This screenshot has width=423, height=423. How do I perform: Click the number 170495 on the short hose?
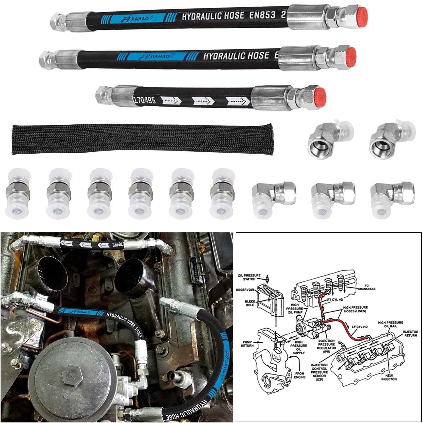[144, 100]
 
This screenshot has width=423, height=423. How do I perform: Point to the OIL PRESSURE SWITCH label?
[249, 277]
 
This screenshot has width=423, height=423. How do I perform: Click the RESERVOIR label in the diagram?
[245, 290]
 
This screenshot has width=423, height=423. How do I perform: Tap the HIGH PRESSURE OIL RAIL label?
[390, 324]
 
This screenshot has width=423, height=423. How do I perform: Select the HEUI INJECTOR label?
[389, 377]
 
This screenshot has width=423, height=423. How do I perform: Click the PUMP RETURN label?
[247, 344]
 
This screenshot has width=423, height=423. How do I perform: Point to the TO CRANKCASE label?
[366, 287]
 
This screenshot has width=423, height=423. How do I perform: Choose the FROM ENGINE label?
[299, 375]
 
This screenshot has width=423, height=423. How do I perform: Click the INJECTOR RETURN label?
[410, 334]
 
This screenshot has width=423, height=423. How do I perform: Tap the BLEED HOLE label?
[250, 303]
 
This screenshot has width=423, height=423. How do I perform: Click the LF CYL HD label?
[360, 327]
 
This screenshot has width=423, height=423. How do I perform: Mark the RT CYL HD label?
[335, 299]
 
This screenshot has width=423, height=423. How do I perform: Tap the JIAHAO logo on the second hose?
[159, 56]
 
